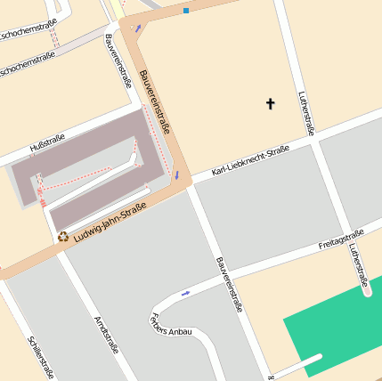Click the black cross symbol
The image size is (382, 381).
(x=271, y=104)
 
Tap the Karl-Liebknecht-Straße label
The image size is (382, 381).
(x=250, y=162)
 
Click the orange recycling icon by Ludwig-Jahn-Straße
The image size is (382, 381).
(x=63, y=236)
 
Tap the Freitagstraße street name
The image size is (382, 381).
(x=341, y=239)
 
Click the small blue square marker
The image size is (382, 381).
(x=186, y=11)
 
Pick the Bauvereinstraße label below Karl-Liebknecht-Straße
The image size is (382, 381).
(x=228, y=284)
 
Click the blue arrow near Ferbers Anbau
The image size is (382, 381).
(x=186, y=292)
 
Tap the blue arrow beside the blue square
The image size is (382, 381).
(x=138, y=28)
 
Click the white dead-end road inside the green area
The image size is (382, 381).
(x=298, y=364)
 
